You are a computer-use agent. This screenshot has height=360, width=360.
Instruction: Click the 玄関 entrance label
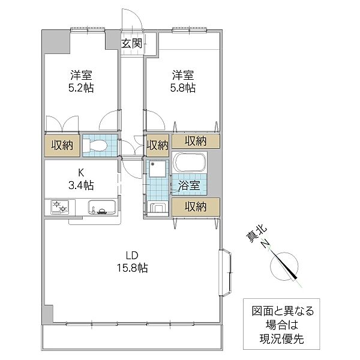click(x=131, y=43)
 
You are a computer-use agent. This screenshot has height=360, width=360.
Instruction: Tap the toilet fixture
click(x=95, y=145)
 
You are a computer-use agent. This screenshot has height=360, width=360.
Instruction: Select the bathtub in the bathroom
click(x=190, y=162)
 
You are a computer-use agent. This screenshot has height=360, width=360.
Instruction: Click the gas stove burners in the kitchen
click(x=60, y=206)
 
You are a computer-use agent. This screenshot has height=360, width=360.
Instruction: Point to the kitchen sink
click(x=102, y=207)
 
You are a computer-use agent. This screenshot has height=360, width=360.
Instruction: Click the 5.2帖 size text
click(x=81, y=88)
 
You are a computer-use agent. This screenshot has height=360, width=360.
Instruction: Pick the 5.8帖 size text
click(x=183, y=88)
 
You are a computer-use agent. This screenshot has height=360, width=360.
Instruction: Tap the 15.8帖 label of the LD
click(x=133, y=268)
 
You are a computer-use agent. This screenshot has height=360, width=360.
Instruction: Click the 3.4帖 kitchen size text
click(x=81, y=185)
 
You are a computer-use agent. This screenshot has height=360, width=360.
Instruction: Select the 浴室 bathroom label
click(x=189, y=185)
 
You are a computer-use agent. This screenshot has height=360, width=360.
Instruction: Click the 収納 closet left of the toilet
click(x=62, y=146)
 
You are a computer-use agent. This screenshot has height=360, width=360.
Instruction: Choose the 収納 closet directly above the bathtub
click(x=196, y=141)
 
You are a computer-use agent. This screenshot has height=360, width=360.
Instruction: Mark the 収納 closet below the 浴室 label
click(x=196, y=207)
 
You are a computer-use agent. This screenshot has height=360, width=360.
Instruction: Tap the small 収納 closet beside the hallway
click(x=157, y=146)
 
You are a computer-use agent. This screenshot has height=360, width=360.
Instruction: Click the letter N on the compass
click(x=265, y=244)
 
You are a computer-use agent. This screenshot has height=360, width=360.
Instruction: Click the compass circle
click(x=284, y=266)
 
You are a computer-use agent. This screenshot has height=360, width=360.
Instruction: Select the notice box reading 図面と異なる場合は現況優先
click(x=281, y=324)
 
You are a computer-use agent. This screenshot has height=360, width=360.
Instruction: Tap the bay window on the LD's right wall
click(x=226, y=273)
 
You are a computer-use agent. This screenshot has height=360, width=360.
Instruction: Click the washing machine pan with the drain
click(x=157, y=169)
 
